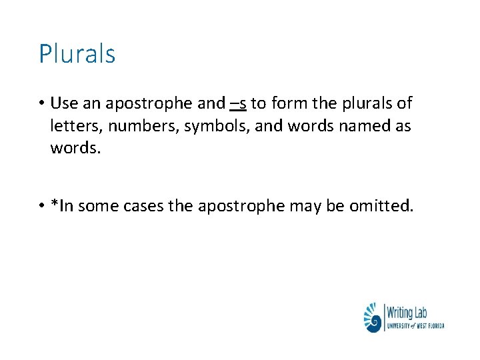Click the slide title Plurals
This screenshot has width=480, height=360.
[x=77, y=54]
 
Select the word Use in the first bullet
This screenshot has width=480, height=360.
[x=65, y=104]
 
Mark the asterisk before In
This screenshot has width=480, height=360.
[x=54, y=203]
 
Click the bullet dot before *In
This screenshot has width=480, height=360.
[x=41, y=207]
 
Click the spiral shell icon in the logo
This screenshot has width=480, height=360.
[x=374, y=317]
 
